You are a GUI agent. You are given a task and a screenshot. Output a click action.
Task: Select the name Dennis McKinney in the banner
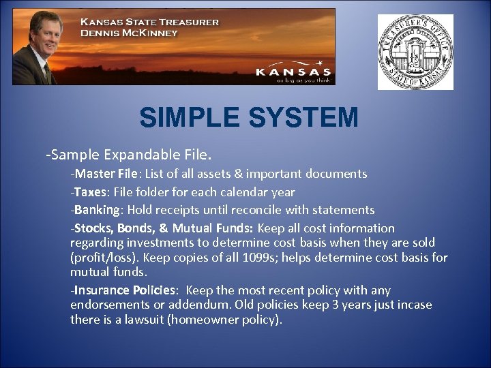pos(129,33)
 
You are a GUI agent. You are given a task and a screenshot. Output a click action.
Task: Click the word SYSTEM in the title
pos(303,118)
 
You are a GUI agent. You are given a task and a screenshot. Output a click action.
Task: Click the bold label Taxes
pos(91,192)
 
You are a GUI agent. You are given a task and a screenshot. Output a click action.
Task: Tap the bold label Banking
pos(98,210)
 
